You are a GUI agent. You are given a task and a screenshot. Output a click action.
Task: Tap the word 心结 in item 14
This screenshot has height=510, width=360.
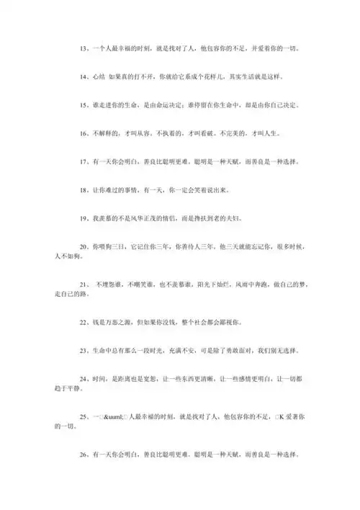(x=99, y=76)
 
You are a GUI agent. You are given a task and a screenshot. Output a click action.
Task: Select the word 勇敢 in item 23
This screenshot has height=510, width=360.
(x=230, y=350)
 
